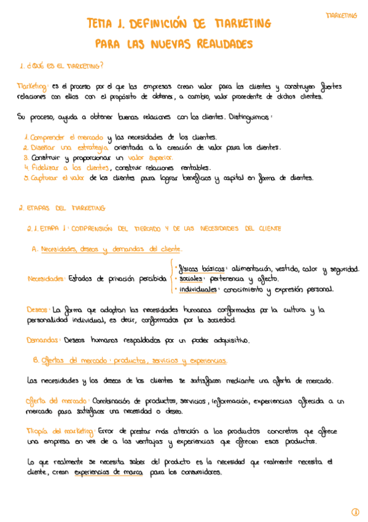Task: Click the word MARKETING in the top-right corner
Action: click(x=341, y=15)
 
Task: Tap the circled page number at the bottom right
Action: click(x=355, y=512)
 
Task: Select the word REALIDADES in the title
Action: click(x=224, y=44)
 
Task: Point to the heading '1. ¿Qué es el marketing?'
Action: click(x=61, y=66)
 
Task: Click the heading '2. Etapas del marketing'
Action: click(x=61, y=208)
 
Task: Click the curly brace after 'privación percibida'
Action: click(x=170, y=278)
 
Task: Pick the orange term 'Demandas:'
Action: click(x=43, y=339)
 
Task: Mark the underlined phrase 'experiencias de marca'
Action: click(x=108, y=472)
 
